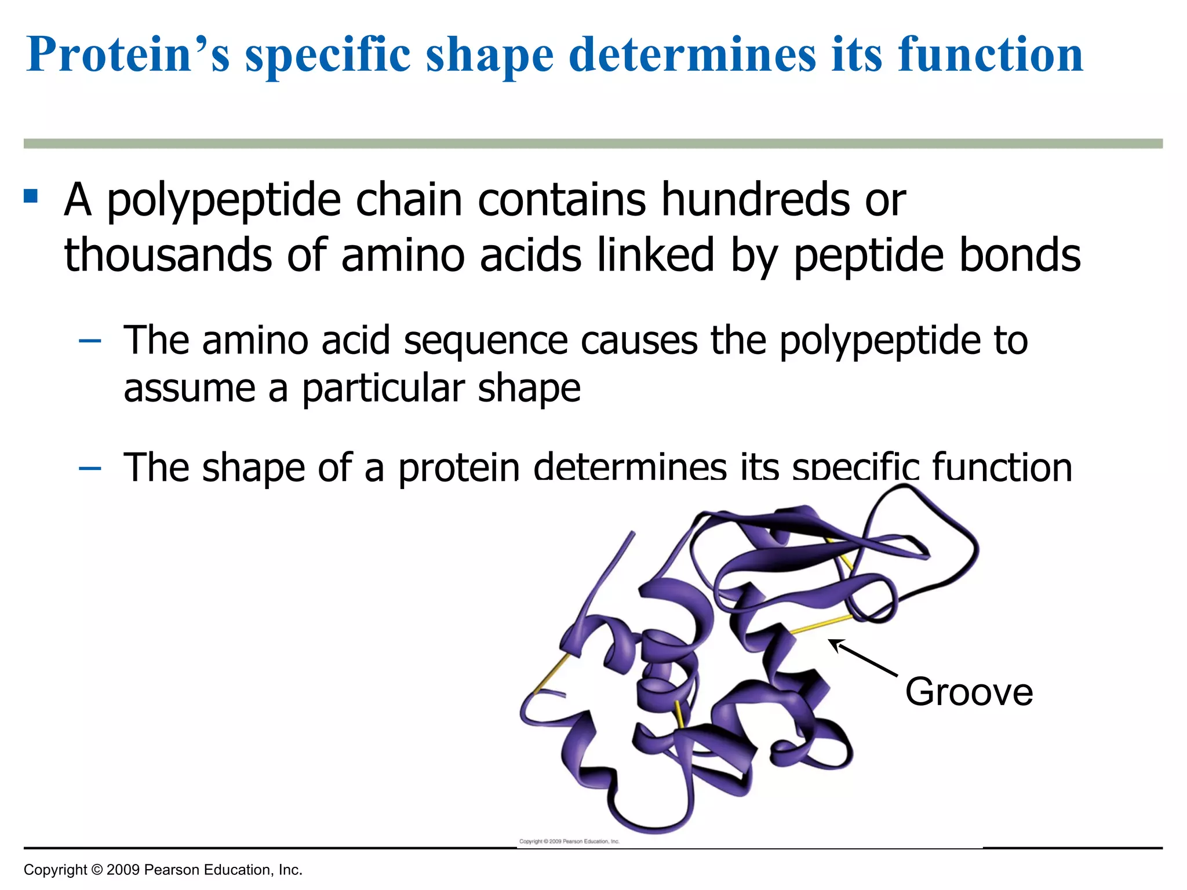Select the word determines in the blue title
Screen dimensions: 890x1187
692,55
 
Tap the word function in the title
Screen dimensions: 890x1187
991,55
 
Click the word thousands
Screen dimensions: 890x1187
168,255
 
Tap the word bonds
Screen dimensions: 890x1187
1020,255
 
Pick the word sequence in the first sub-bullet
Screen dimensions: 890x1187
486,342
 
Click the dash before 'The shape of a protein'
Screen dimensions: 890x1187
90,468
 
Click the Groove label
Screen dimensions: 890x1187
969,692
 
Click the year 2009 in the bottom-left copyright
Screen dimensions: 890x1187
123,870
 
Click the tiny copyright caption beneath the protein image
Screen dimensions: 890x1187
569,841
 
